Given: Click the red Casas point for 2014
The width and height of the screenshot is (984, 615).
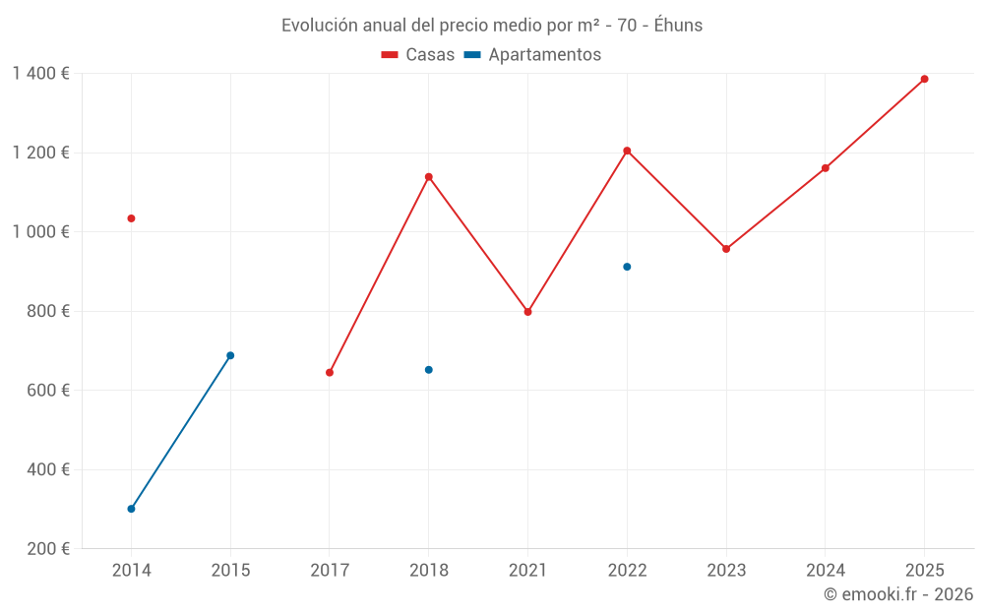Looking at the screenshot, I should point(131,218).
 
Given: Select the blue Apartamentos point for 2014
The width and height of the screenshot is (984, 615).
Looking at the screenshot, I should point(131,509).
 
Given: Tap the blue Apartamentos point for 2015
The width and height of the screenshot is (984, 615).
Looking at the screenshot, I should point(230,355).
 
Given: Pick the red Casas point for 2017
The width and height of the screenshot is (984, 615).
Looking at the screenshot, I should point(330,372).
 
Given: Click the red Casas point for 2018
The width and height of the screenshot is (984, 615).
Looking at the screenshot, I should point(429,177).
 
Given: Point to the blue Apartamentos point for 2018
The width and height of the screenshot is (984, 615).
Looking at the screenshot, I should point(429,370).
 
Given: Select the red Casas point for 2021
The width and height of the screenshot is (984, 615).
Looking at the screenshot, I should point(528,312).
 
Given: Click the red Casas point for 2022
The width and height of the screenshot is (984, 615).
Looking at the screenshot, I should point(627,151).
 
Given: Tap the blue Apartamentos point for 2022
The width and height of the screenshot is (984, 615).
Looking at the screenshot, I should point(627,267).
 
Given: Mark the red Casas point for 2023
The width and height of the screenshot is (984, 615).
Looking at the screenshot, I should point(726,249).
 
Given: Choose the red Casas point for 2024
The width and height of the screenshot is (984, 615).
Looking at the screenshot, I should point(826,168).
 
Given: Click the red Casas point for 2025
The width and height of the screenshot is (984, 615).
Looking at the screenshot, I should point(925,79).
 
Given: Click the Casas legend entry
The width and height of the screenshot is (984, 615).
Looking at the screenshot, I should point(418,55).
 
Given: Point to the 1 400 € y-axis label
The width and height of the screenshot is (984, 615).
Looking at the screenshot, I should point(40,74).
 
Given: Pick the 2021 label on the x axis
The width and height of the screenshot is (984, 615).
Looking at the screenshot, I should point(528,570).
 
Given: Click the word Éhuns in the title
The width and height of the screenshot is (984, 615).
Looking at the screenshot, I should point(678,26).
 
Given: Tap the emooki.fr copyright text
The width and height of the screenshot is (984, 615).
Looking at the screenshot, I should point(898,594).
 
